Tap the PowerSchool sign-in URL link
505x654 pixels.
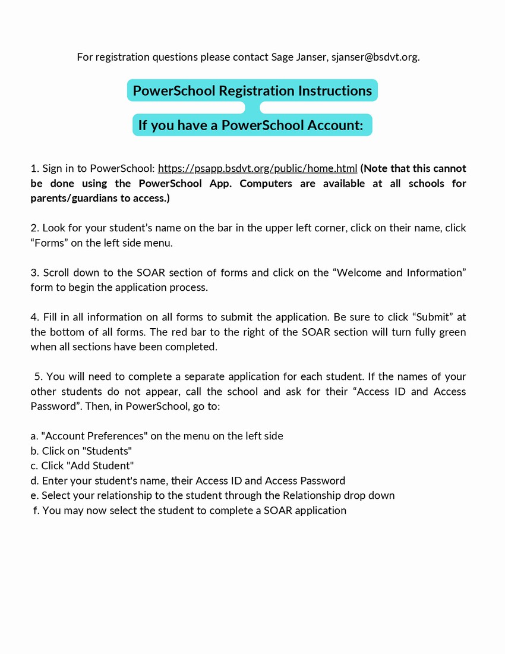[257, 169]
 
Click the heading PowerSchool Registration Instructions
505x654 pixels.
[252, 91]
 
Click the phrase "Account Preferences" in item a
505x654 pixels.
[94, 436]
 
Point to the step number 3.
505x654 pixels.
[34, 273]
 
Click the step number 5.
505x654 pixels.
[38, 377]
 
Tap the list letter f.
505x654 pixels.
[36, 511]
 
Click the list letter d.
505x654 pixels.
[34, 481]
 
